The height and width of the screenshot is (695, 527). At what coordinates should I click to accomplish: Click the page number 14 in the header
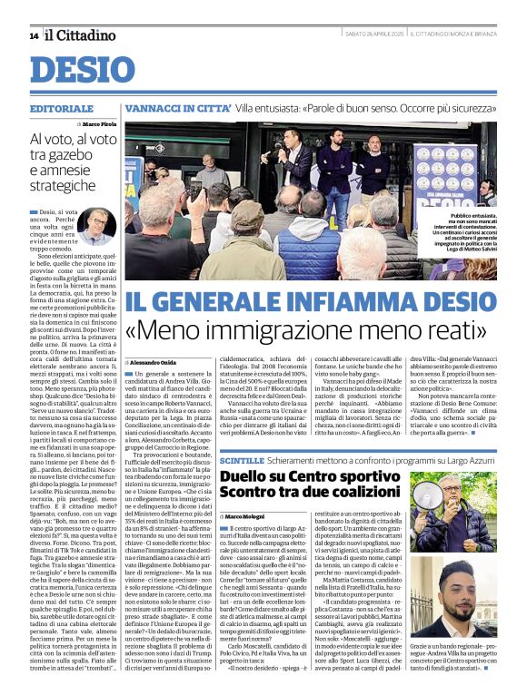tap(33, 35)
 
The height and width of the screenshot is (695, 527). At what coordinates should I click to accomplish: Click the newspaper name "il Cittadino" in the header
tap(81, 35)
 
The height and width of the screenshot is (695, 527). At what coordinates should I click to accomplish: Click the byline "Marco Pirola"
tap(100, 123)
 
